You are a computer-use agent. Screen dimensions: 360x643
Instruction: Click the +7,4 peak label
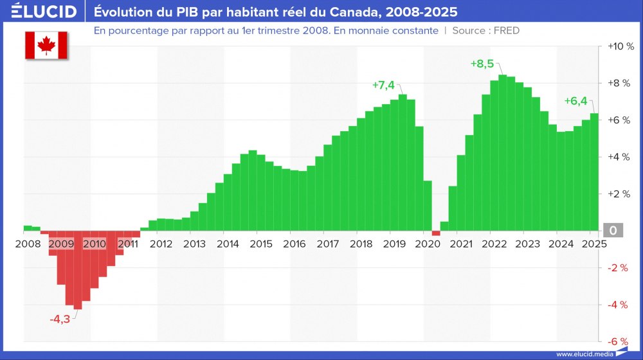tap(383, 85)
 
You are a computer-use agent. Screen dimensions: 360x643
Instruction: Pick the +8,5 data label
tap(482, 64)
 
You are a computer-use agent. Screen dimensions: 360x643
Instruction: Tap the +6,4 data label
tap(575, 101)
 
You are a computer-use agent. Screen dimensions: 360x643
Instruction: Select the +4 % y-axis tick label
tap(620, 157)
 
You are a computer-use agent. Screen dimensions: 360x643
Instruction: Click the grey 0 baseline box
tap(613, 231)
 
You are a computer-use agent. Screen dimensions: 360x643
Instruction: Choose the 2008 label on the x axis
tap(28, 244)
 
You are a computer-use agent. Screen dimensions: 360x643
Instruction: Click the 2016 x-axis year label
tap(294, 244)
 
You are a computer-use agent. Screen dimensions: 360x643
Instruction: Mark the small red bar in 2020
tap(436, 233)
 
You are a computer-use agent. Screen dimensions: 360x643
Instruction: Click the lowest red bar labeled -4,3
tap(78, 270)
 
